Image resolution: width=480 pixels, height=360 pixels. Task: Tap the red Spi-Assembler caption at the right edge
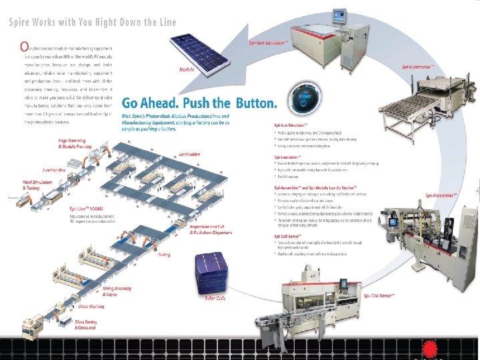(x=442, y=195)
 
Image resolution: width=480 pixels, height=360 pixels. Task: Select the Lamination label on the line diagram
(x=189, y=154)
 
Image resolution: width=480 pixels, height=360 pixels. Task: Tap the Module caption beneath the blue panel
(x=187, y=69)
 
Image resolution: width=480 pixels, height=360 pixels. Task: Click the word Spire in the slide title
(x=22, y=21)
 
